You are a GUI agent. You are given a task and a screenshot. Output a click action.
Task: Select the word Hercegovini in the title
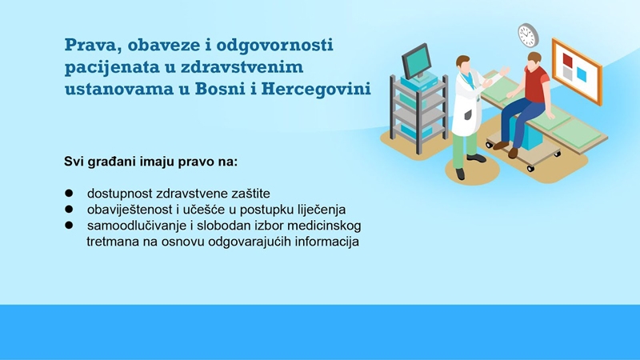[316, 89]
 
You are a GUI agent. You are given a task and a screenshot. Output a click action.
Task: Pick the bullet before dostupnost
[69, 193]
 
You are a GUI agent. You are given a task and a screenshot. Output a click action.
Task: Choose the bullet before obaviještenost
[69, 209]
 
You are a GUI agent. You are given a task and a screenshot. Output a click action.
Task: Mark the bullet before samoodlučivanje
[69, 225]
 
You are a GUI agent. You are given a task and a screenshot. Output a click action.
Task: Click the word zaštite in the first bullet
[250, 193]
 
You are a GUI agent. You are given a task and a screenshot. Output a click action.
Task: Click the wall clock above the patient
[528, 35]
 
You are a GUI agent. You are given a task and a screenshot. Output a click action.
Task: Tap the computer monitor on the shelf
[416, 62]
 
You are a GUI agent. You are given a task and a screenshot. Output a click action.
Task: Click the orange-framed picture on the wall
[577, 71]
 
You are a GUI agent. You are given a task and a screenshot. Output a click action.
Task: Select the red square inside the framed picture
[567, 61]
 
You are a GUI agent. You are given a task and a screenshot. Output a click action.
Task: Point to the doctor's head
[463, 64]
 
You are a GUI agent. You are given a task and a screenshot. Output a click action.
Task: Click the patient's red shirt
[536, 84]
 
